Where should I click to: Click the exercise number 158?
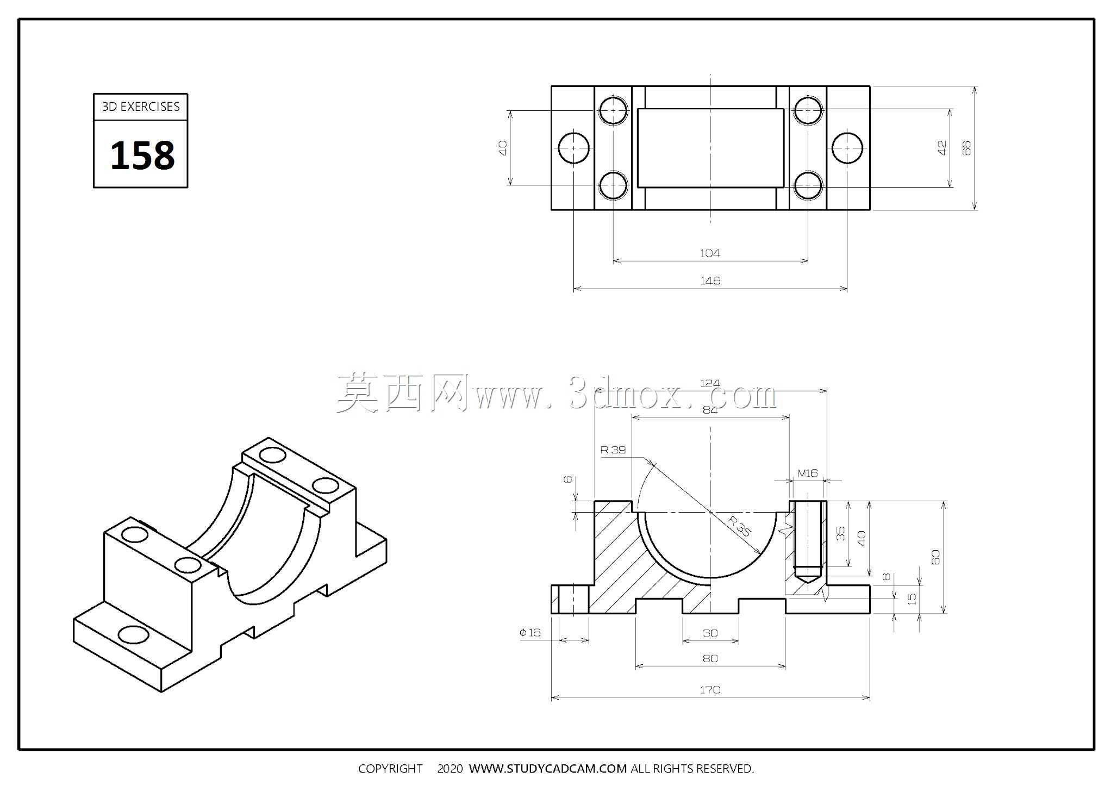(x=142, y=155)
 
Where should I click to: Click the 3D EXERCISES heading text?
(x=141, y=107)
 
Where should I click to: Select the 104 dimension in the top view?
(x=710, y=253)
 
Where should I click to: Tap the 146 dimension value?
(x=710, y=281)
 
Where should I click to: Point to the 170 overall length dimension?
(x=710, y=690)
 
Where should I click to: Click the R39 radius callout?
(x=613, y=450)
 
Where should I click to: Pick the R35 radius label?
(x=740, y=526)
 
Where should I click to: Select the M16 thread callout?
(x=808, y=473)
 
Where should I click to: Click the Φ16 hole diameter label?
(x=530, y=632)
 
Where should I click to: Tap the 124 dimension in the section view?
(x=710, y=383)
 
